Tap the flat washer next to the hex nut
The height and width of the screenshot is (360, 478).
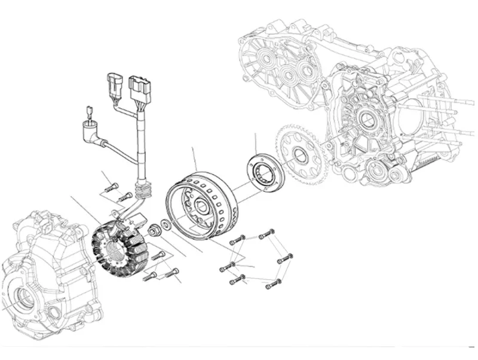click(165, 225)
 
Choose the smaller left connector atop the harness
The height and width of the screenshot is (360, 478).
click(114, 84)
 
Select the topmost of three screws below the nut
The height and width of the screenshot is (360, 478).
click(159, 255)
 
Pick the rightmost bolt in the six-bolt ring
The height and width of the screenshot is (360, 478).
click(285, 259)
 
